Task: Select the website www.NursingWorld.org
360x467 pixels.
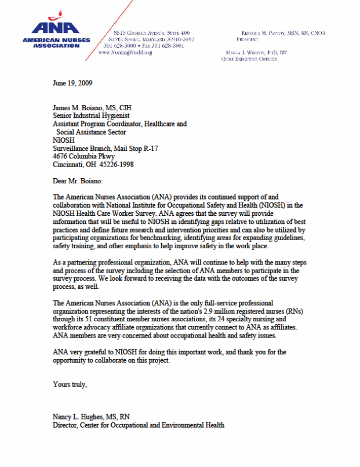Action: (x=125, y=53)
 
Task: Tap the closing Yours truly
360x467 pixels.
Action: (x=70, y=384)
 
